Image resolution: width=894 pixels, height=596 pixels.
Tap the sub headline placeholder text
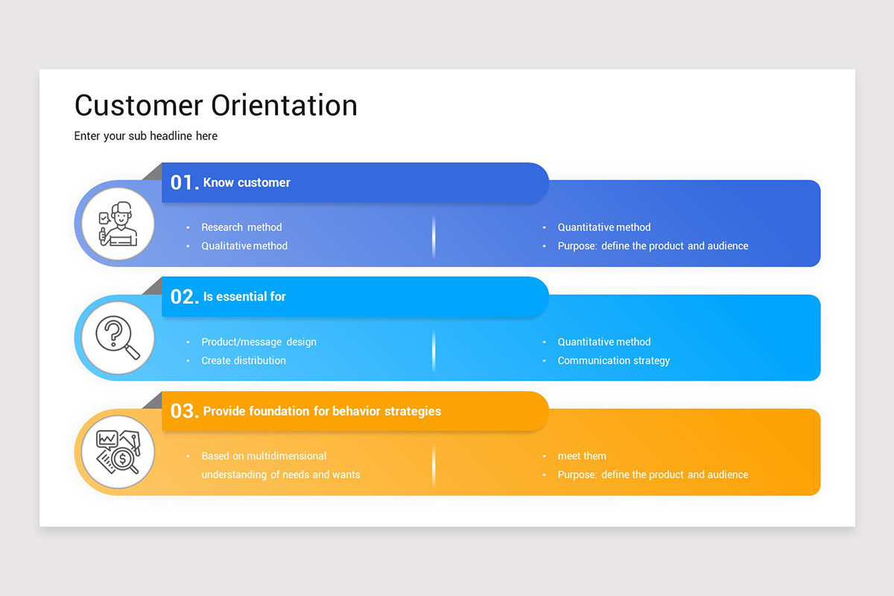(146, 136)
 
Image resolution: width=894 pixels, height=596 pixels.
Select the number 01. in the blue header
(184, 183)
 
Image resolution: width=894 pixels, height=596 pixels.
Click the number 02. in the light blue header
(184, 297)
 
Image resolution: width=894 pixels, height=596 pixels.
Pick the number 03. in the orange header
(184, 411)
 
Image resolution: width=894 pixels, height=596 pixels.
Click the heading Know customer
(247, 183)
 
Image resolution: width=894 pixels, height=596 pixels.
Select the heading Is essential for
(244, 297)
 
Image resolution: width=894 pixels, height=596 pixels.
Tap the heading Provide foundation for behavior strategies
(322, 411)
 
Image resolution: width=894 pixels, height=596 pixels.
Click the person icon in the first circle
(118, 223)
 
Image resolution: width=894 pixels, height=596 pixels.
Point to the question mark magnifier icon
(118, 337)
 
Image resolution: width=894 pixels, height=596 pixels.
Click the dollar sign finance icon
(118, 452)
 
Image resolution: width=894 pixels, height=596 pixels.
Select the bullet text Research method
(241, 227)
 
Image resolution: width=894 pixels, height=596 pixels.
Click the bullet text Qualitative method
(244, 246)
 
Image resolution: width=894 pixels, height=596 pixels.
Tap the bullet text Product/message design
(259, 342)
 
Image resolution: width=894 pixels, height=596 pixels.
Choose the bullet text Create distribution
(244, 361)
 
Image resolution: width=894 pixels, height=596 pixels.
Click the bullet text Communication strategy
(614, 361)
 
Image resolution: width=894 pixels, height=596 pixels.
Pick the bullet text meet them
(582, 456)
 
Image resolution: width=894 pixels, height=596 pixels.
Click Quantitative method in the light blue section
(604, 342)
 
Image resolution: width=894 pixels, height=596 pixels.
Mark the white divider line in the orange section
(434, 466)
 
